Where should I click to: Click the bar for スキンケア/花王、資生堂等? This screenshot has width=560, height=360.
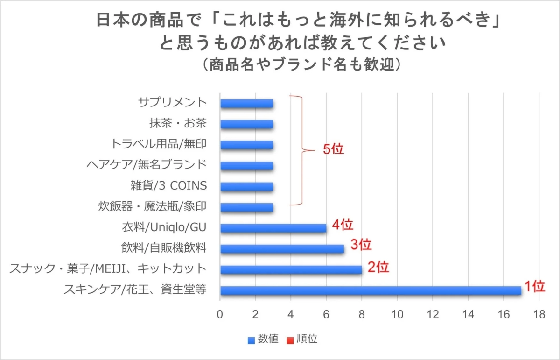[371, 290]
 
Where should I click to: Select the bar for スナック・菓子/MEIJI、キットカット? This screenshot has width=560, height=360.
[291, 269]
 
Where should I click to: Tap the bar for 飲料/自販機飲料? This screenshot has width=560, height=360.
[282, 248]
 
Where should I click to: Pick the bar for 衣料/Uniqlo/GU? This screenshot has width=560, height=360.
[273, 228]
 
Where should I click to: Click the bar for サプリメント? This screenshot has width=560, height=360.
[246, 103]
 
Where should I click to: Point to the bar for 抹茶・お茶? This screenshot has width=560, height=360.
[246, 124]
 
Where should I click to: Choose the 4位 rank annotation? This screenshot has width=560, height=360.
[343, 225]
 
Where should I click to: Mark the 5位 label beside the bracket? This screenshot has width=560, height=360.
[333, 150]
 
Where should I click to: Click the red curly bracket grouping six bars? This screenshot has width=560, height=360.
[301, 150]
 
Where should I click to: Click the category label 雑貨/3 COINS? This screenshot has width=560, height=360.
[168, 186]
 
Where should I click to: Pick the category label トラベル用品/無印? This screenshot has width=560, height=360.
[159, 144]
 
